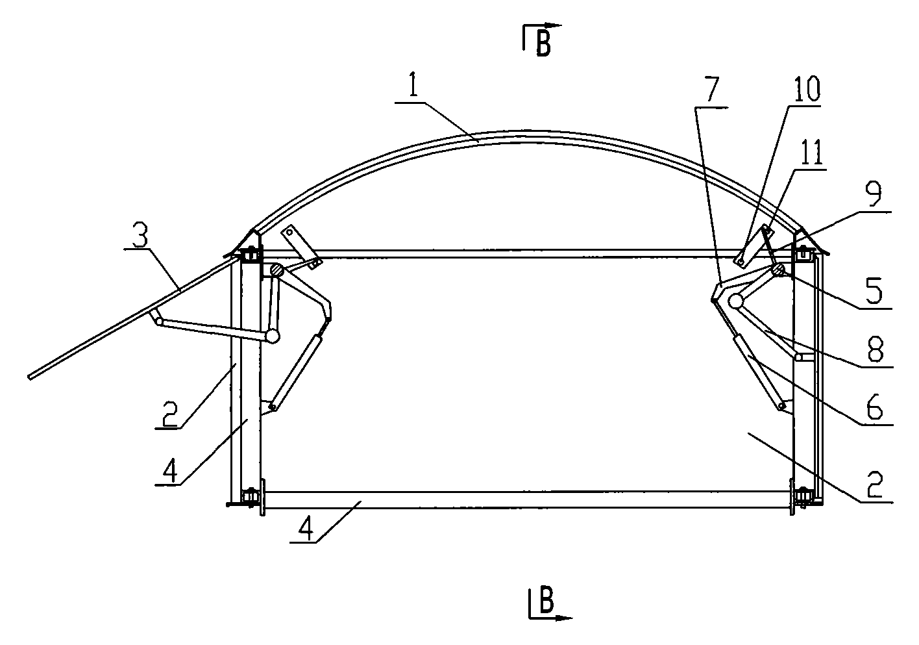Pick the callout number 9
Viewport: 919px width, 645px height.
(877, 197)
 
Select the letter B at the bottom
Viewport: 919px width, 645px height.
(547, 603)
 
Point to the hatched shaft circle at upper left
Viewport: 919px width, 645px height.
(276, 270)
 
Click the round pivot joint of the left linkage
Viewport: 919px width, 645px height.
(272, 335)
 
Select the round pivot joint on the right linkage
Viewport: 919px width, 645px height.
(736, 301)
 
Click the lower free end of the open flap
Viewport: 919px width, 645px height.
(31, 376)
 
